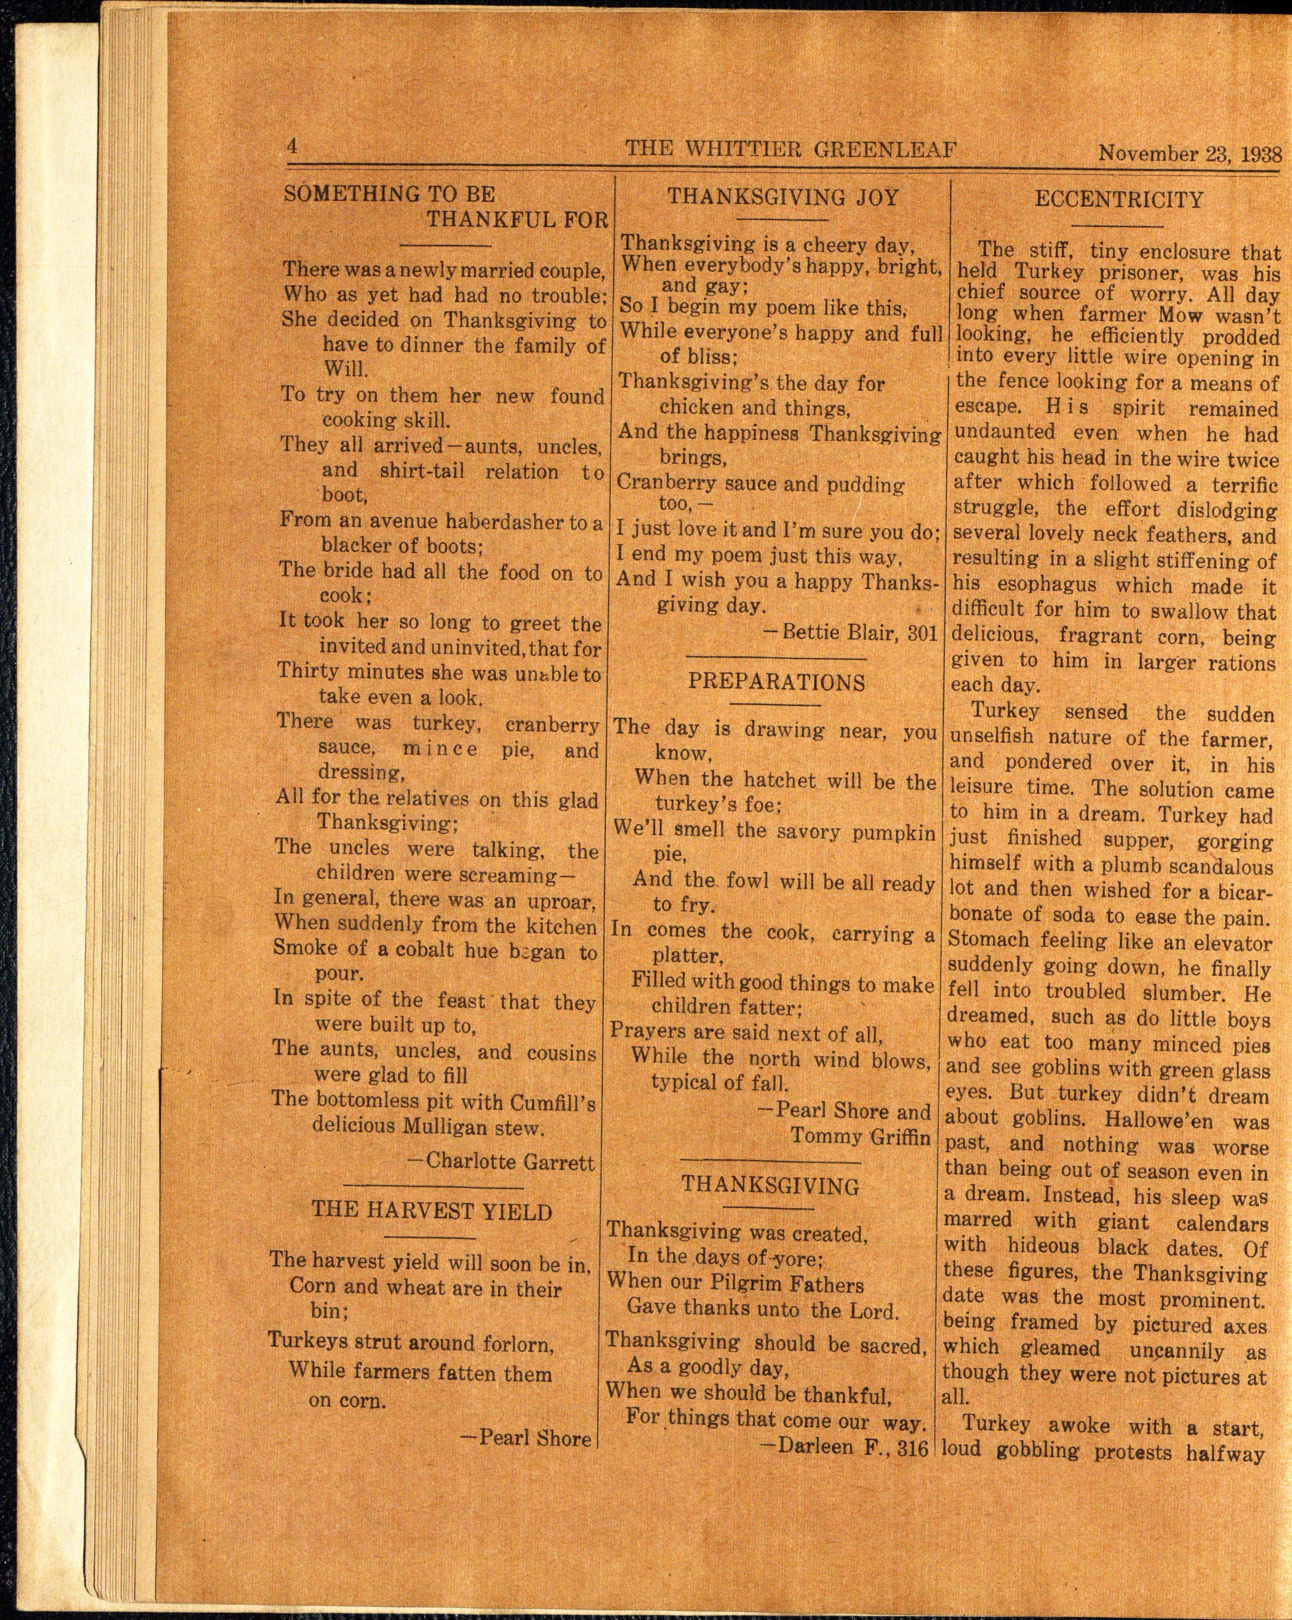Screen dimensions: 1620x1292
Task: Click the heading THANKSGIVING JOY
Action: point(783,197)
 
